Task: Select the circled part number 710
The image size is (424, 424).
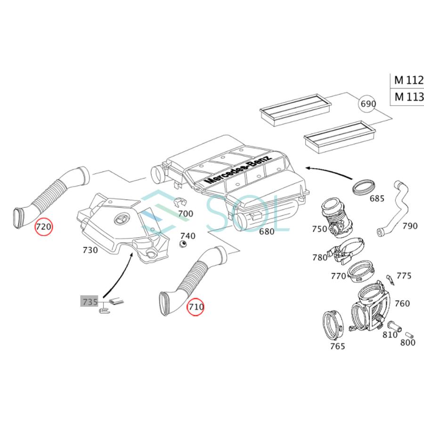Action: click(196, 307)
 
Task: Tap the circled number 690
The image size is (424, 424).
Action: click(368, 103)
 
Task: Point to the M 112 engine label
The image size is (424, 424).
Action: click(408, 80)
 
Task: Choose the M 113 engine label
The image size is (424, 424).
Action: click(408, 98)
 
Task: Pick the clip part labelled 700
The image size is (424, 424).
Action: click(178, 203)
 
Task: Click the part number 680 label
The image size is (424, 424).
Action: click(266, 232)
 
